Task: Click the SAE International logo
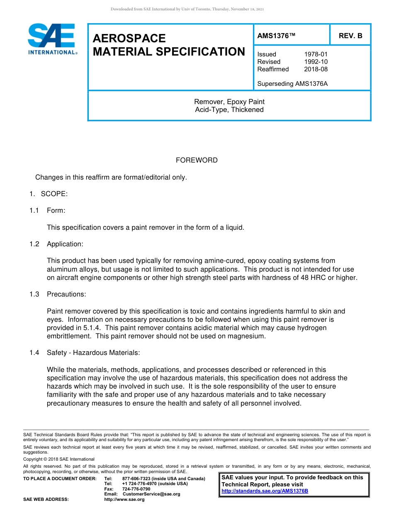[x=52, y=39]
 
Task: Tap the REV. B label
[x=350, y=36]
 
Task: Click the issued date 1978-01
[x=316, y=54]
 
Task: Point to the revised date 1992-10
[x=316, y=62]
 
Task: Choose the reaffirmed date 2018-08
[x=316, y=69]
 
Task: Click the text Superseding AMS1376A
[x=292, y=84]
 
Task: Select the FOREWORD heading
[x=197, y=160]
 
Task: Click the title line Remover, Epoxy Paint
[x=229, y=102]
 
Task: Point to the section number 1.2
[x=34, y=244]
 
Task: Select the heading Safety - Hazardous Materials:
[x=93, y=353]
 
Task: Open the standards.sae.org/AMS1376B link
[x=265, y=491]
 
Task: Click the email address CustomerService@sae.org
[x=151, y=494]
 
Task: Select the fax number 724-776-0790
[x=136, y=489]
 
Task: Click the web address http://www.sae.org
[x=124, y=500]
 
